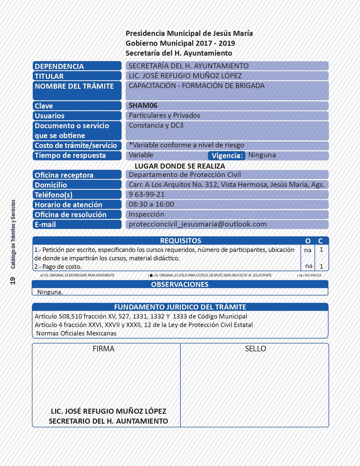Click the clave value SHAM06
(143, 106)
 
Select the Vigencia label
(227, 156)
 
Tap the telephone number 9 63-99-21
(147, 195)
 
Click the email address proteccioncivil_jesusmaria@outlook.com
(198, 224)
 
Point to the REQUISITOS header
(180, 241)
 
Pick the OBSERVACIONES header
(180, 284)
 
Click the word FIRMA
(103, 349)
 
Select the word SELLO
(255, 349)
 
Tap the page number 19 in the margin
(13, 281)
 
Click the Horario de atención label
(68, 205)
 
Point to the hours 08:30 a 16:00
(151, 204)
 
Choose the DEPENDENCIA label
(59, 66)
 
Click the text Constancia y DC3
(156, 125)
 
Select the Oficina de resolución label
(71, 215)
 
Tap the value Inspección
(146, 214)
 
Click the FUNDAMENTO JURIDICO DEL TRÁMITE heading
(180, 307)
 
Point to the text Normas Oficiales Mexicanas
(76, 334)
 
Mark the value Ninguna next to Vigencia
(262, 155)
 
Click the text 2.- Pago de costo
(58, 267)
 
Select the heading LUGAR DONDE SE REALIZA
(180, 166)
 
